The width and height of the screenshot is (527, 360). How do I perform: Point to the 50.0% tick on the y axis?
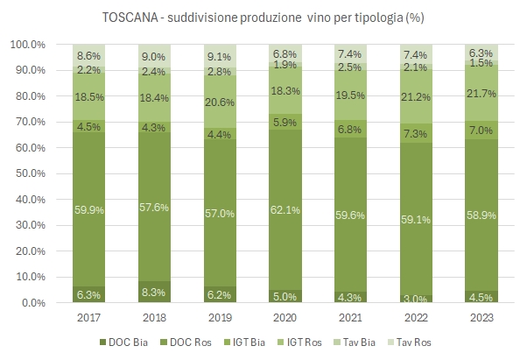pos(29,173)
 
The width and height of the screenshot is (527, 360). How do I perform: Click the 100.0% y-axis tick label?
pos(26,44)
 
